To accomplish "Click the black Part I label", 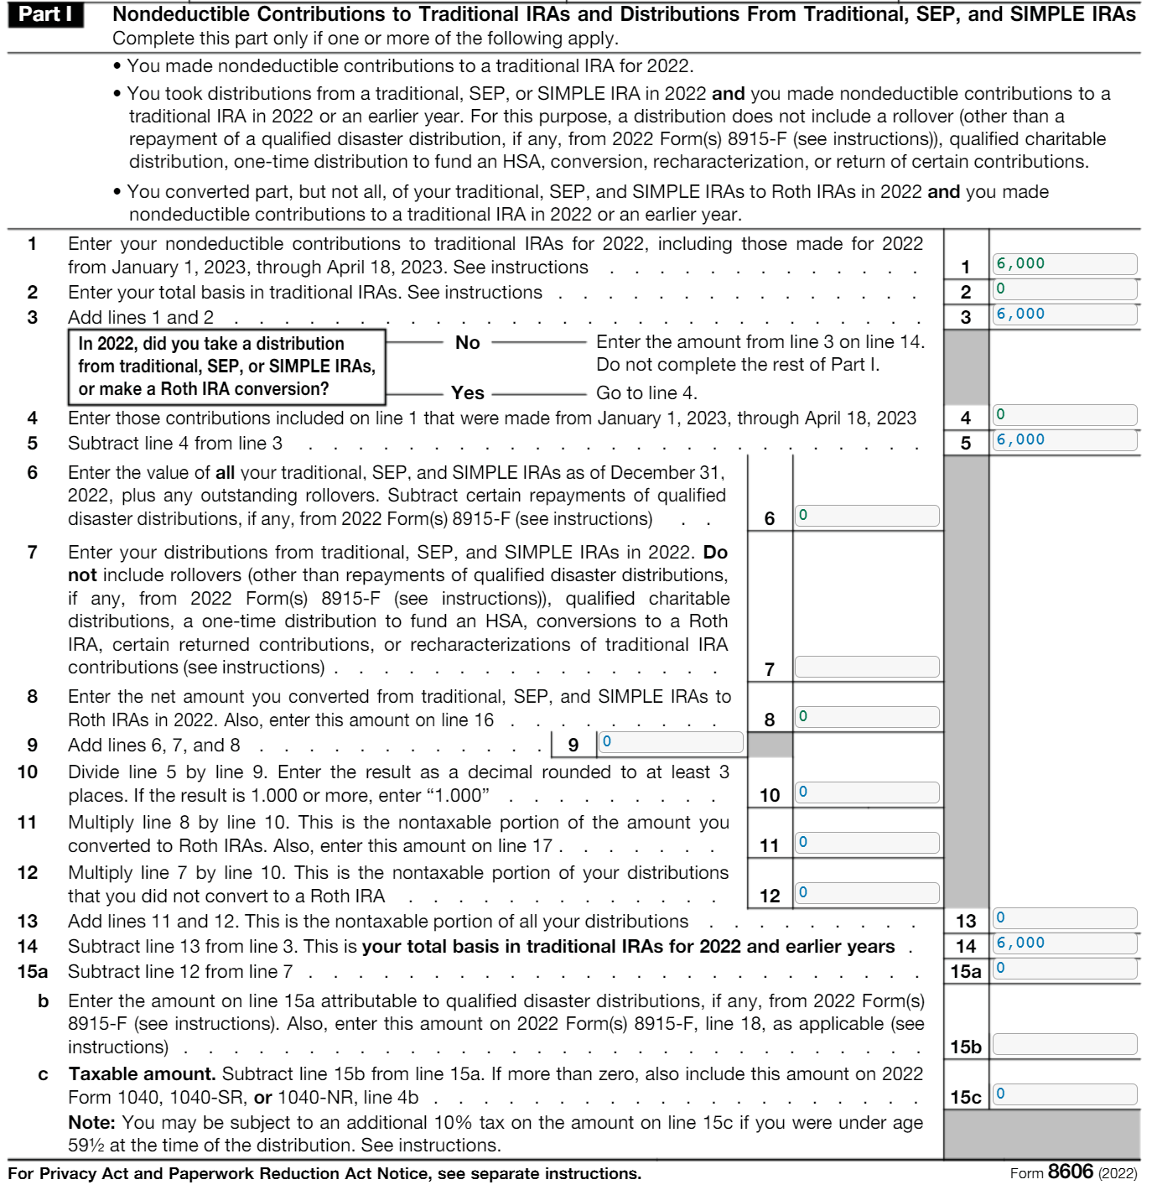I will point(45,14).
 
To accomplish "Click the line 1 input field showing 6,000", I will point(1064,264).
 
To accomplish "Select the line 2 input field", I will point(1064,289).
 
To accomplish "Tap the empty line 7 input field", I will point(866,667).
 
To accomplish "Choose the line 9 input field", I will point(670,742).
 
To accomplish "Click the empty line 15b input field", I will point(1064,1044).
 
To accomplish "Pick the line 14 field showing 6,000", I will point(1064,943).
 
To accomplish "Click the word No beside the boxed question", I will point(467,342).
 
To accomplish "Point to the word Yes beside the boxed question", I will point(467,392).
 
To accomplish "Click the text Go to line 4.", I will point(646,392).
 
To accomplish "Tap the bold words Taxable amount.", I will point(142,1074).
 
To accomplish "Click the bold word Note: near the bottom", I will point(91,1123).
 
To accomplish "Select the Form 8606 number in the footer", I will point(1071,1172).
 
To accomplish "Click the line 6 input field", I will point(866,516).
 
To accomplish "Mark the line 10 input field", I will point(866,792).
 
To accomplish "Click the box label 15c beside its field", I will point(965,1097).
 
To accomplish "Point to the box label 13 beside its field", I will point(965,921).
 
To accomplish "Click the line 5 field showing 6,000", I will point(1064,440).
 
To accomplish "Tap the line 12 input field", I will point(866,893).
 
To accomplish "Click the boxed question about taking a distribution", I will point(226,366).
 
